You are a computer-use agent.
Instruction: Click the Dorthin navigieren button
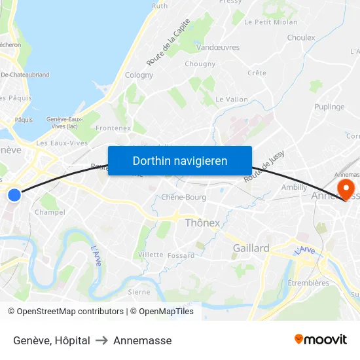pyautogui.click(x=180, y=161)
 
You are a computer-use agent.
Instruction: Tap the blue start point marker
pyautogui.click(x=14, y=194)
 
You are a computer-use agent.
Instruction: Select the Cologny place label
pyautogui.click(x=139, y=75)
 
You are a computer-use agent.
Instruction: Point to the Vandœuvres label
pyautogui.click(x=218, y=48)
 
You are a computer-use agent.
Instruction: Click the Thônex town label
pyautogui.click(x=203, y=223)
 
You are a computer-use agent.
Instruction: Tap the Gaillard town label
pyautogui.click(x=251, y=248)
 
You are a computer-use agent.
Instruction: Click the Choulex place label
pyautogui.click(x=301, y=38)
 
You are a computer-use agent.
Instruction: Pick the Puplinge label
pyautogui.click(x=329, y=107)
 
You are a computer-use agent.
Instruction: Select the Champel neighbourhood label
pyautogui.click(x=50, y=213)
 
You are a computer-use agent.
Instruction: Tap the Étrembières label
pyautogui.click(x=308, y=283)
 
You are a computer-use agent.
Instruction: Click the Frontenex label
pyautogui.click(x=113, y=128)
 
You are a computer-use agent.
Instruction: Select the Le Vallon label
pyautogui.click(x=232, y=99)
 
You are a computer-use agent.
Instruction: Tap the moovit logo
pyautogui.click(x=321, y=339)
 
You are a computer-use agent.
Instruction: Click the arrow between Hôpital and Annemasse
pyautogui.click(x=101, y=340)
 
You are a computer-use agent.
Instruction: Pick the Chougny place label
pyautogui.click(x=200, y=64)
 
